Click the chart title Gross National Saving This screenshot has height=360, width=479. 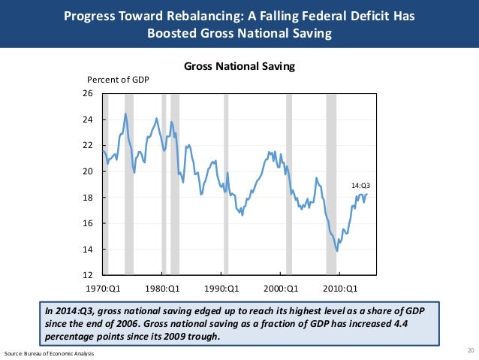pyautogui.click(x=239, y=67)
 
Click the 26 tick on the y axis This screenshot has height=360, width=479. pyautogui.click(x=87, y=94)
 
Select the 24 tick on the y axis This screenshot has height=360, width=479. pyautogui.click(x=87, y=119)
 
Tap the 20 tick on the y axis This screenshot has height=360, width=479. pyautogui.click(x=87, y=171)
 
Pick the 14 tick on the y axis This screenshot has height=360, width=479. pyautogui.click(x=87, y=250)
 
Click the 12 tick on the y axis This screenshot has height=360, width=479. pyautogui.click(x=87, y=275)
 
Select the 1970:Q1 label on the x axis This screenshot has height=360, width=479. pyautogui.click(x=103, y=287)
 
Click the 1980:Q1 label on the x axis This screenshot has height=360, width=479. pyautogui.click(x=162, y=287)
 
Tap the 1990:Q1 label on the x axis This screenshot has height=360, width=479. pyautogui.click(x=221, y=287)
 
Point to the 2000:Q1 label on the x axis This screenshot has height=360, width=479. pyautogui.click(x=281, y=287)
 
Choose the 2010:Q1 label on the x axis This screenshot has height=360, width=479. pyautogui.click(x=340, y=287)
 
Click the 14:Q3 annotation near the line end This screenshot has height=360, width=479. pyautogui.click(x=361, y=183)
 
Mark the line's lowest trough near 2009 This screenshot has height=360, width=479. pyautogui.click(x=337, y=251)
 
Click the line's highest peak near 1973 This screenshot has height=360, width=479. pyautogui.click(x=125, y=113)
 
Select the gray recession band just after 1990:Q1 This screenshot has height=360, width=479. pyautogui.click(x=225, y=184)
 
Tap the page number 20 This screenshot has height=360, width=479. pyautogui.click(x=471, y=350)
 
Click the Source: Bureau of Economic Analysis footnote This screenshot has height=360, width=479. pyautogui.click(x=48, y=353)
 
